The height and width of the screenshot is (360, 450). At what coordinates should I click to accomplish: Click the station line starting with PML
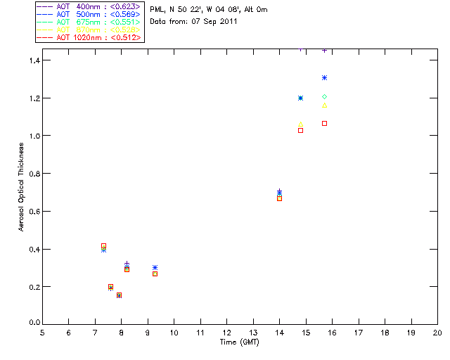(209, 10)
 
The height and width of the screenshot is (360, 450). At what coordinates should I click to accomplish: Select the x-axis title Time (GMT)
(239, 342)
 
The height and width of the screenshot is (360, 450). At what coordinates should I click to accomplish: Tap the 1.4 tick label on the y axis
(34, 60)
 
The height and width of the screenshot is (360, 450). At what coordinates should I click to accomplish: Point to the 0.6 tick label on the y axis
(34, 211)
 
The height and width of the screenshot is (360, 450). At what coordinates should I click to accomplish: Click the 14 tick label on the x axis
(279, 333)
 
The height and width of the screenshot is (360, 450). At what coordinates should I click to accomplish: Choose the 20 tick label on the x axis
(437, 333)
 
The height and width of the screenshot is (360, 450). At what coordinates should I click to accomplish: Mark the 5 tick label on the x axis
(42, 333)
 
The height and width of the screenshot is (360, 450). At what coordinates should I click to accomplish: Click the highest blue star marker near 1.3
(324, 77)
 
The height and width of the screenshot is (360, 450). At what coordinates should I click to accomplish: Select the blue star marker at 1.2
(300, 98)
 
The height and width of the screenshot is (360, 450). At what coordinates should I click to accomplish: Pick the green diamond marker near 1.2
(324, 96)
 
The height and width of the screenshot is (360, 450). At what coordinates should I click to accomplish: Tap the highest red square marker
(324, 123)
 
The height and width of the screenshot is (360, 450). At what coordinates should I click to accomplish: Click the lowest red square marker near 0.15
(119, 295)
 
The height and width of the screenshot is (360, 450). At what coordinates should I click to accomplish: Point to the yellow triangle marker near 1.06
(300, 124)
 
